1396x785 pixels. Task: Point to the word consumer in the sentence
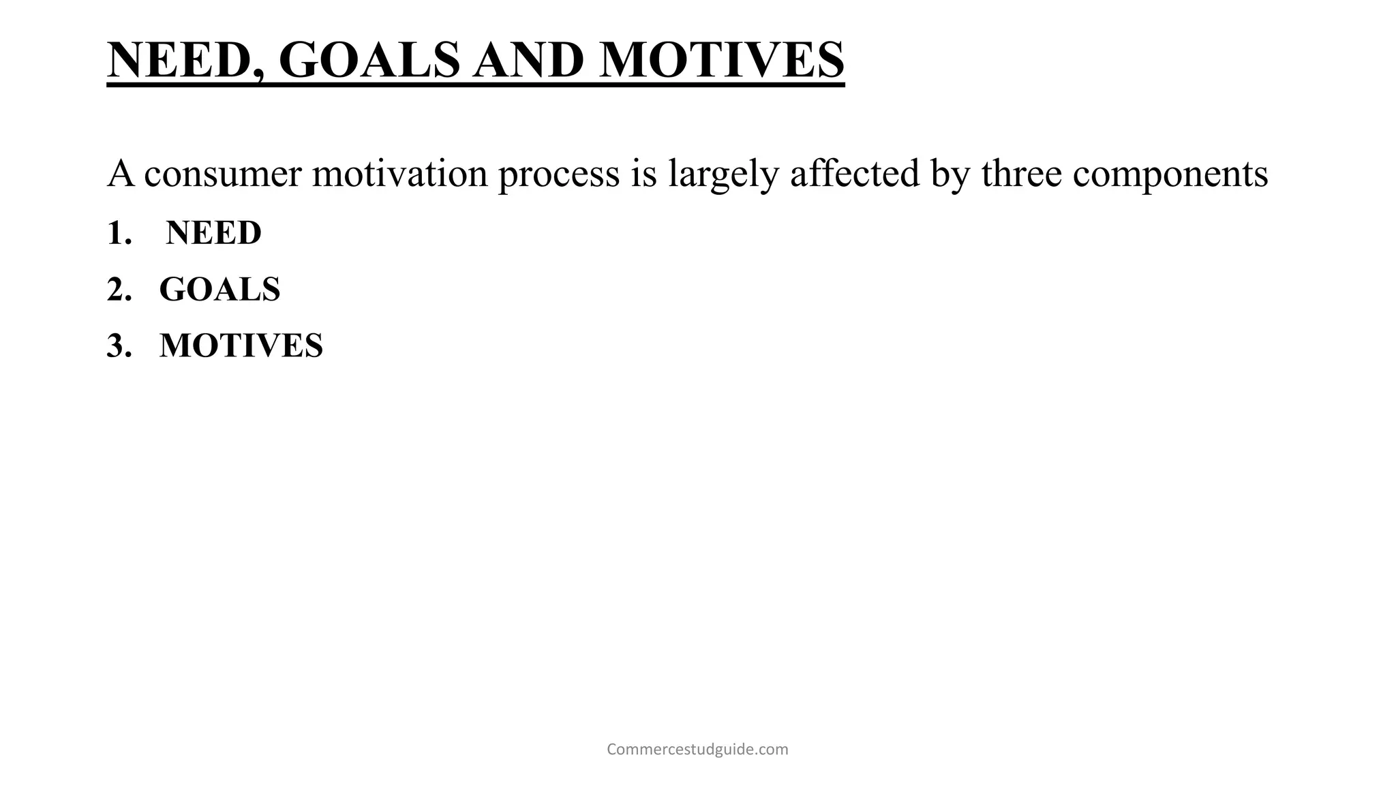[223, 174]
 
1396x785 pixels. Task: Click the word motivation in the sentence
[400, 174]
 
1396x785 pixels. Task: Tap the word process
[559, 175]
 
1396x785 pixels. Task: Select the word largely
[723, 175]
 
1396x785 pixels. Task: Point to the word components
[1170, 175]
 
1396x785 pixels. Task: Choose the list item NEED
[213, 233]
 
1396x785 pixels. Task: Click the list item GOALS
[219, 290]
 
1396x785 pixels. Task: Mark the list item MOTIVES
[241, 346]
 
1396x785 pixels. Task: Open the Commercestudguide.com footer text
[697, 750]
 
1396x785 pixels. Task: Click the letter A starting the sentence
[121, 174]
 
